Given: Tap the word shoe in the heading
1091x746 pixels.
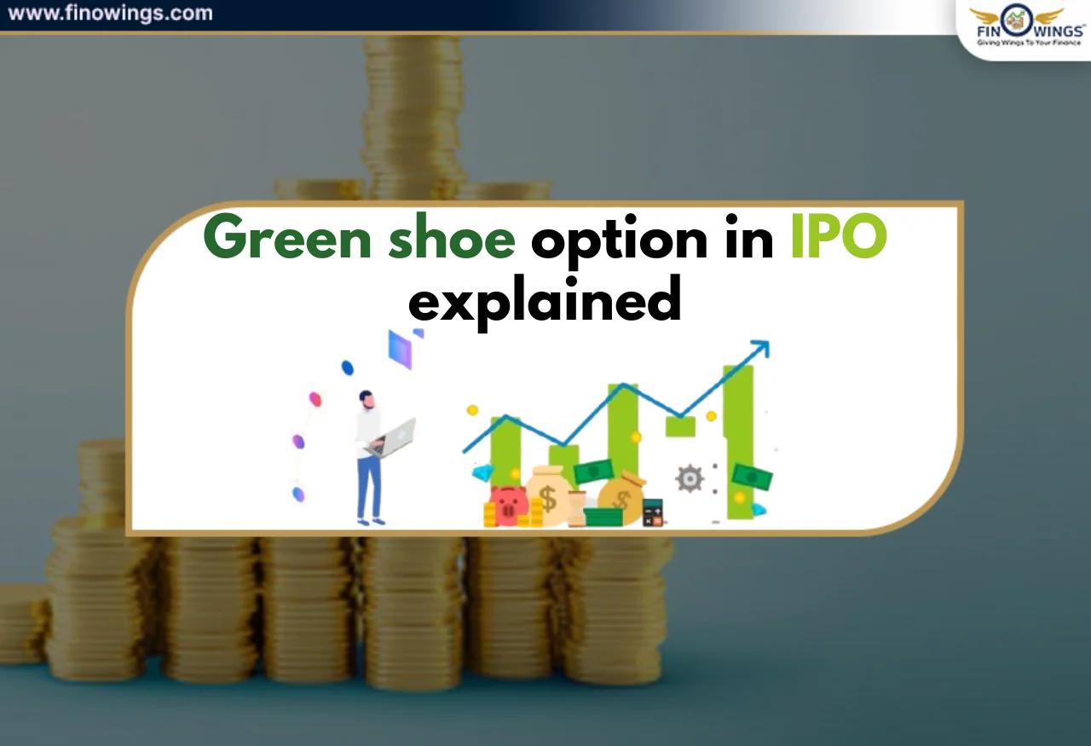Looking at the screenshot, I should coord(451,240).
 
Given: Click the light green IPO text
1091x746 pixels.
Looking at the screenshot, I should coord(839,240).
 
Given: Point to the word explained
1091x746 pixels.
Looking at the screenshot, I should coord(545,300).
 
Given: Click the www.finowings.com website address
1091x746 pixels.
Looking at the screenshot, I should coord(110,14).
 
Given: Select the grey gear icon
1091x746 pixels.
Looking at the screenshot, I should coord(689,479).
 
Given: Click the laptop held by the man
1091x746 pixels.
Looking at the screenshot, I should coord(393,437).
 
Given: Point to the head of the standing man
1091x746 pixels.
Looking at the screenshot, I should coord(367,398).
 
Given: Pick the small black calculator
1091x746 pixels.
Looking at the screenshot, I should coord(653,512).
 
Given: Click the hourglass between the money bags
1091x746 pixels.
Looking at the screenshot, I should coord(577,508).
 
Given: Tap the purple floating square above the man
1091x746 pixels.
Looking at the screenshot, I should coord(400,349).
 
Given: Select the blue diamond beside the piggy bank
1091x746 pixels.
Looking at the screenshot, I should coord(483,473).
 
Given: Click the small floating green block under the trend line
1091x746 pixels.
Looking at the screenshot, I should coord(680,426).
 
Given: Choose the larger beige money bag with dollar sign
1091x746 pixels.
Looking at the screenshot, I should coord(547,495).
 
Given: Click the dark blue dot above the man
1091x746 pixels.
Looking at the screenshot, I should coord(347,367).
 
